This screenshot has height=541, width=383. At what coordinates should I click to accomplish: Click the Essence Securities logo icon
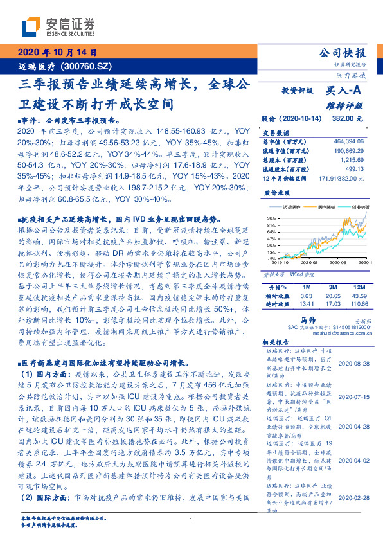click(30, 27)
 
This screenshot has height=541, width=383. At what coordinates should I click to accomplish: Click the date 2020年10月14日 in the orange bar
click(57, 52)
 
